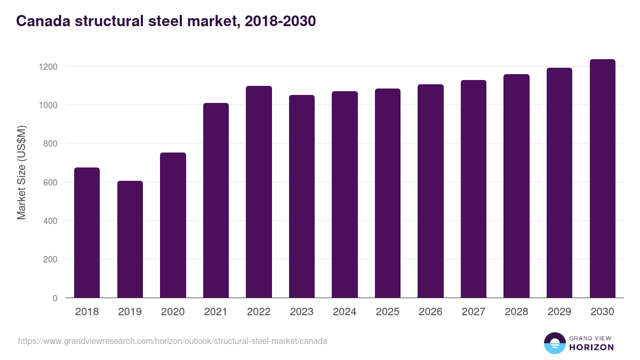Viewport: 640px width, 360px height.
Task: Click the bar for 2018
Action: point(87,233)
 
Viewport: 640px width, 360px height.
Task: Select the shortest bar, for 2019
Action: point(130,239)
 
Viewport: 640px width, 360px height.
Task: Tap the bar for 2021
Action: point(216,201)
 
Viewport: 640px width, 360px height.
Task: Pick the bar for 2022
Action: point(259,192)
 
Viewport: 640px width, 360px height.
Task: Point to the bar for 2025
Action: point(388,193)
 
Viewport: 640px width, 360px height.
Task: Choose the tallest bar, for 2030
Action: point(602,179)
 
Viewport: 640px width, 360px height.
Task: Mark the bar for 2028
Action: point(516,186)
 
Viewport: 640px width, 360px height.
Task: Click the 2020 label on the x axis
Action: point(173,311)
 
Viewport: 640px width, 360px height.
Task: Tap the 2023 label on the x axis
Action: point(302,311)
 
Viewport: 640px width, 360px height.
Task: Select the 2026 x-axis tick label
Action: point(430,311)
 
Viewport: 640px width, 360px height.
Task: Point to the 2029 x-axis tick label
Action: point(559,311)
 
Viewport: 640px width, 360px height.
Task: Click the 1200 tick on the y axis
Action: point(47,67)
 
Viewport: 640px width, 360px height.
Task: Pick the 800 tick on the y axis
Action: point(50,143)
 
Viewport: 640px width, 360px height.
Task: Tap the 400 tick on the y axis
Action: point(50,221)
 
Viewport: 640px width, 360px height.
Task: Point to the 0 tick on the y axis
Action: point(55,298)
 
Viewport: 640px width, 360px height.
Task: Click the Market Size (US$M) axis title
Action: point(21,172)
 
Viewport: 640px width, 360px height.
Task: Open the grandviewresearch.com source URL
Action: point(173,341)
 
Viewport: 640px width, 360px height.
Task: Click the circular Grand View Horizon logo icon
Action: point(555,343)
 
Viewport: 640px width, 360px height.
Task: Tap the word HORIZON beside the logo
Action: point(591,347)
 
